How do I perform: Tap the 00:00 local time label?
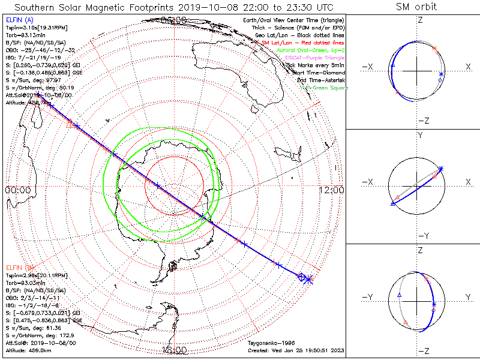[17, 190]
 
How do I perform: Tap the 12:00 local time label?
[331, 190]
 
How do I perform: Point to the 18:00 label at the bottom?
[174, 350]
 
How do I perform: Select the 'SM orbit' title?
[416, 7]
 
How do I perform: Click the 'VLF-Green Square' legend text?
[323, 88]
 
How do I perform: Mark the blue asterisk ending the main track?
[309, 280]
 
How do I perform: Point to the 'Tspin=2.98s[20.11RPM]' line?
[36, 275]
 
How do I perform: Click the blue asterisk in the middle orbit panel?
[441, 169]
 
